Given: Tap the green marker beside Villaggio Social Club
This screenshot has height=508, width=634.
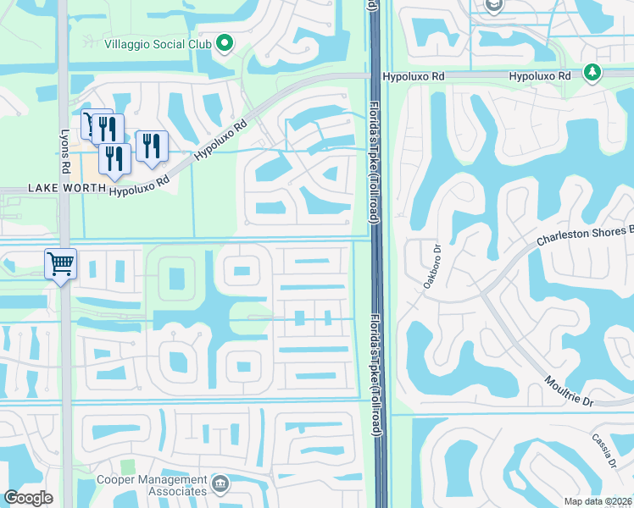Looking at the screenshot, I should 225,43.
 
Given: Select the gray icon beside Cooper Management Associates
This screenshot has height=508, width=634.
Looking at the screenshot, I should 220,484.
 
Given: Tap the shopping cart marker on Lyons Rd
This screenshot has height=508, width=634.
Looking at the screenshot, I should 61,264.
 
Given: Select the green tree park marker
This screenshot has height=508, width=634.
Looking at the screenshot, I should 592,74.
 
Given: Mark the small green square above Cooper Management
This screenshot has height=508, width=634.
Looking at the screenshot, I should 127,467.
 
